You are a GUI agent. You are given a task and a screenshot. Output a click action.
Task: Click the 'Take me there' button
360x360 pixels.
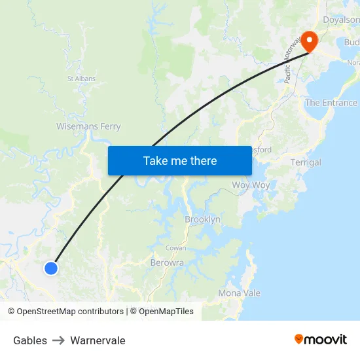(x=180, y=160)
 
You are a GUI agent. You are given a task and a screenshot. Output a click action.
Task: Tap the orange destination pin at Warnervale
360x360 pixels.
(x=307, y=41)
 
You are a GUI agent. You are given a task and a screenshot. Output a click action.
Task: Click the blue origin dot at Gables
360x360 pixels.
(x=51, y=268)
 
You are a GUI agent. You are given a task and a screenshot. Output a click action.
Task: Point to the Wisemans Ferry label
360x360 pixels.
(x=88, y=126)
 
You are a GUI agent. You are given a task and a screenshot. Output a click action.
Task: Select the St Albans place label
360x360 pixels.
(x=81, y=79)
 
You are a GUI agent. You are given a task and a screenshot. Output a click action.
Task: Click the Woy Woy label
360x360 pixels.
(x=251, y=185)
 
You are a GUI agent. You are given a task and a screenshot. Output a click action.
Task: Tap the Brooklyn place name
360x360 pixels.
(x=202, y=219)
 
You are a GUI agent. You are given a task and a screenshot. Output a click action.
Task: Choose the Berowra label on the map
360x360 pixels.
(x=167, y=262)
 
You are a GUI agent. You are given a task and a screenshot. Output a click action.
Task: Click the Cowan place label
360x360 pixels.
(x=175, y=248)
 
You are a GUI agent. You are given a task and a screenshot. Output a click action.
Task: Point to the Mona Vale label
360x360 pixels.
(x=240, y=293)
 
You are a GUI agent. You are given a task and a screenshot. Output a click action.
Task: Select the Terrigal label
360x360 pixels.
(x=306, y=162)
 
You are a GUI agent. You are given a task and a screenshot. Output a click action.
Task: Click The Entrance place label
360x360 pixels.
(x=331, y=103)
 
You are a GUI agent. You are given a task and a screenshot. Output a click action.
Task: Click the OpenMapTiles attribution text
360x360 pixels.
(x=166, y=312)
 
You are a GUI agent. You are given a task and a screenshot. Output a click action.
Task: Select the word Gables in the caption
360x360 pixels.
(x=30, y=340)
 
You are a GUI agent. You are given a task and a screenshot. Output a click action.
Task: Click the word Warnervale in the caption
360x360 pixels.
(x=98, y=340)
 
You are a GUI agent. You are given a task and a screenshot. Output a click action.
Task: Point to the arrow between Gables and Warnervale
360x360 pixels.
(x=58, y=340)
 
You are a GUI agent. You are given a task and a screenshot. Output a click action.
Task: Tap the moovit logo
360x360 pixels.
(x=321, y=339)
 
